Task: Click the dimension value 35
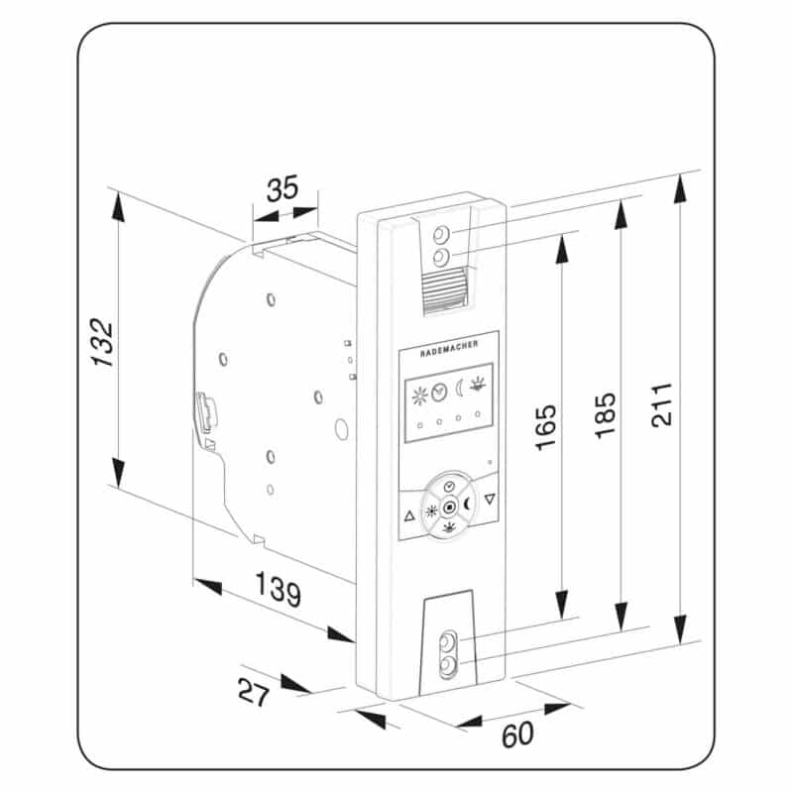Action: pyautogui.click(x=283, y=188)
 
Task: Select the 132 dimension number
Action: pyautogui.click(x=103, y=342)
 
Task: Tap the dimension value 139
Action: pyautogui.click(x=279, y=589)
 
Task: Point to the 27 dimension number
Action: pyautogui.click(x=254, y=692)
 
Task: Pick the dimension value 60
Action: pyautogui.click(x=517, y=735)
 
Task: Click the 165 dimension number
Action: pyautogui.click(x=546, y=427)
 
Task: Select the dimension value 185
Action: pyautogui.click(x=606, y=415)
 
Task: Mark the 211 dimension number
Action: pyautogui.click(x=662, y=405)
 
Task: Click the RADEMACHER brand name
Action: pyautogui.click(x=449, y=349)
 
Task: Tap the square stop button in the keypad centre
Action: pyautogui.click(x=449, y=507)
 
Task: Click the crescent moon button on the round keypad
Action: pyautogui.click(x=468, y=504)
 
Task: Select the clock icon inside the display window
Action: pyautogui.click(x=439, y=392)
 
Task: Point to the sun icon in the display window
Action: pyautogui.click(x=419, y=396)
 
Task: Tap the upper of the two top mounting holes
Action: pyautogui.click(x=441, y=235)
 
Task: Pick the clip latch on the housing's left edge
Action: pyautogui.click(x=207, y=412)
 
